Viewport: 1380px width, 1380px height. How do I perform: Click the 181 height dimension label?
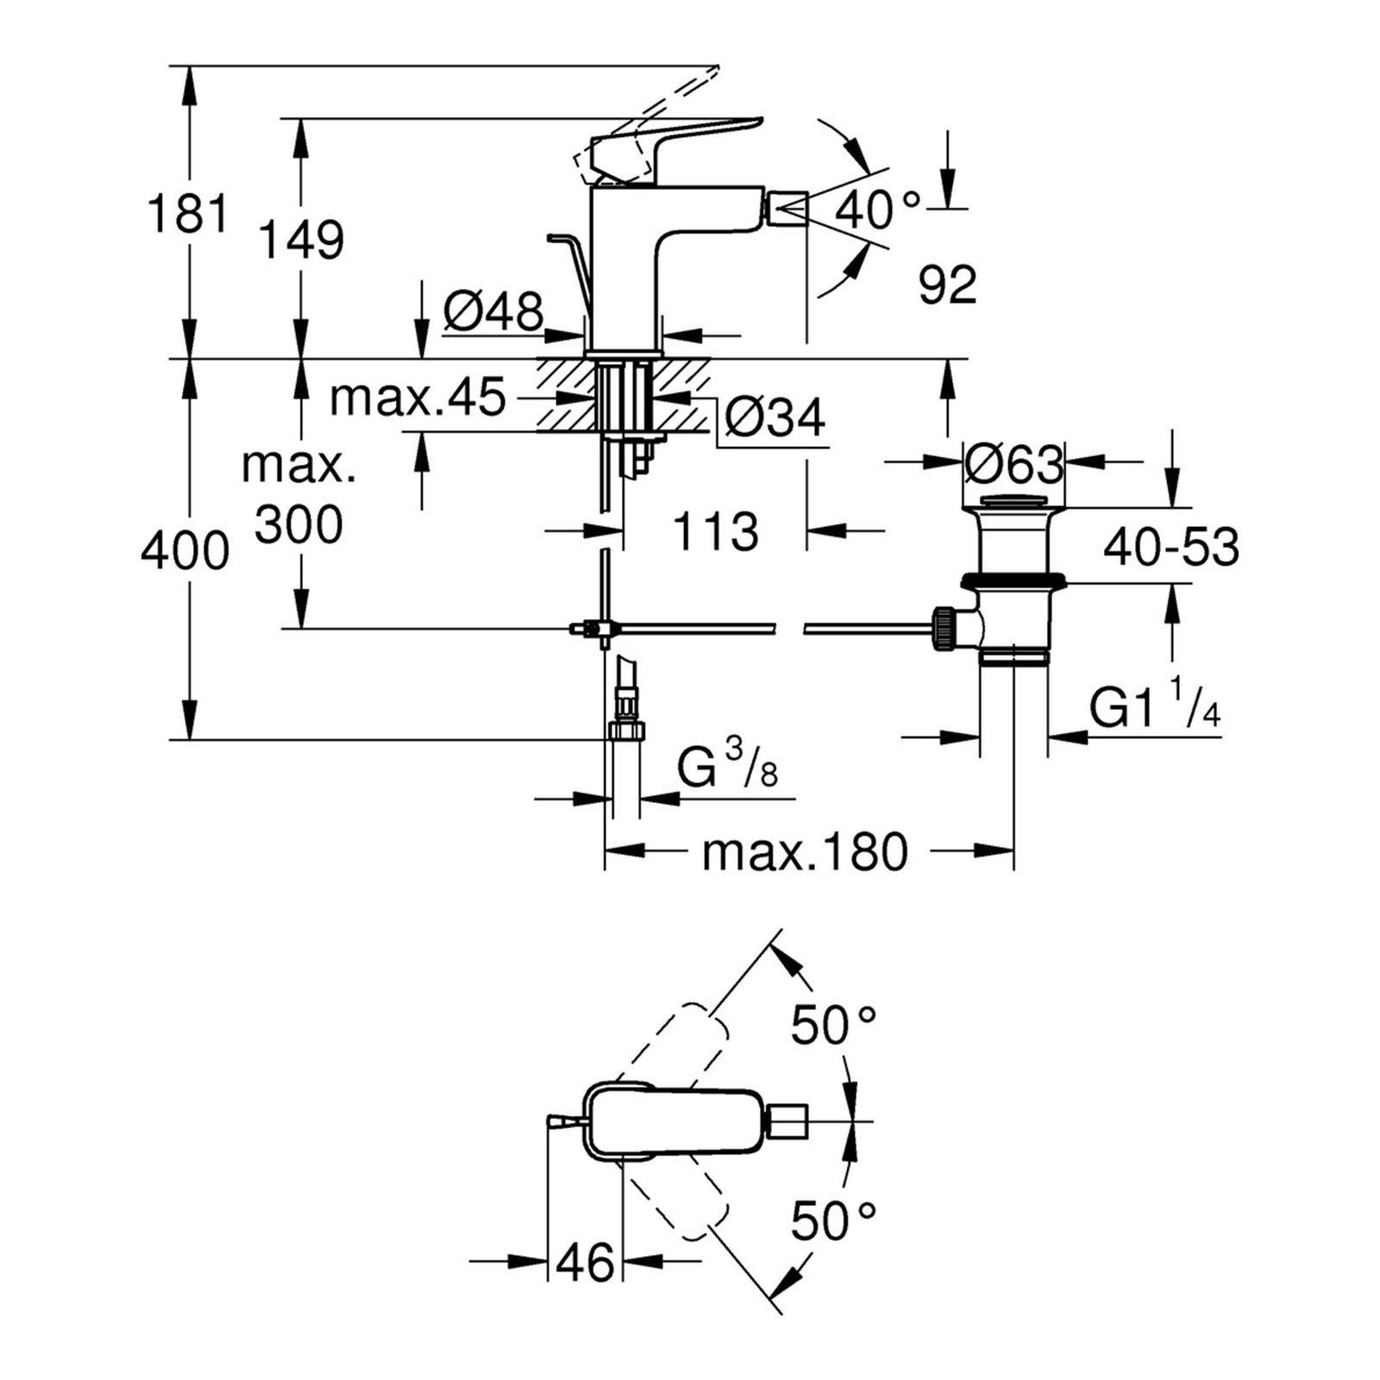(x=188, y=214)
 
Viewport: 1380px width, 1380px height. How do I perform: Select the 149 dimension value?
(x=301, y=241)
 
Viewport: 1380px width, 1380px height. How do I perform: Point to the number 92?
(x=947, y=285)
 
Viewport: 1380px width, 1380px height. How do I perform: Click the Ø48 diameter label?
(x=493, y=311)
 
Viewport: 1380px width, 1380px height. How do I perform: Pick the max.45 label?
(x=417, y=398)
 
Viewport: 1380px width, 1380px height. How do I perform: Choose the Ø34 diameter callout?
(x=775, y=418)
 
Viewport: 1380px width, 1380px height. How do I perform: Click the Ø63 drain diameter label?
(x=1013, y=466)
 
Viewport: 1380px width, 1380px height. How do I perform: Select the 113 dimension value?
(x=715, y=531)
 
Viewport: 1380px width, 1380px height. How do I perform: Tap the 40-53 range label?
(x=1171, y=547)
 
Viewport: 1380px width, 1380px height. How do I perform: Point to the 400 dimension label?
(x=185, y=551)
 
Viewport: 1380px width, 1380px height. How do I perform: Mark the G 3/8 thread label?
(x=727, y=767)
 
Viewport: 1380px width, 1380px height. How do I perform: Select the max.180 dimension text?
(x=805, y=852)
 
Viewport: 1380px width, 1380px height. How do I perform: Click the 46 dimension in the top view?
(x=585, y=1263)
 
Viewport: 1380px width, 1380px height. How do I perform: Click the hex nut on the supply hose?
(x=625, y=731)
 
